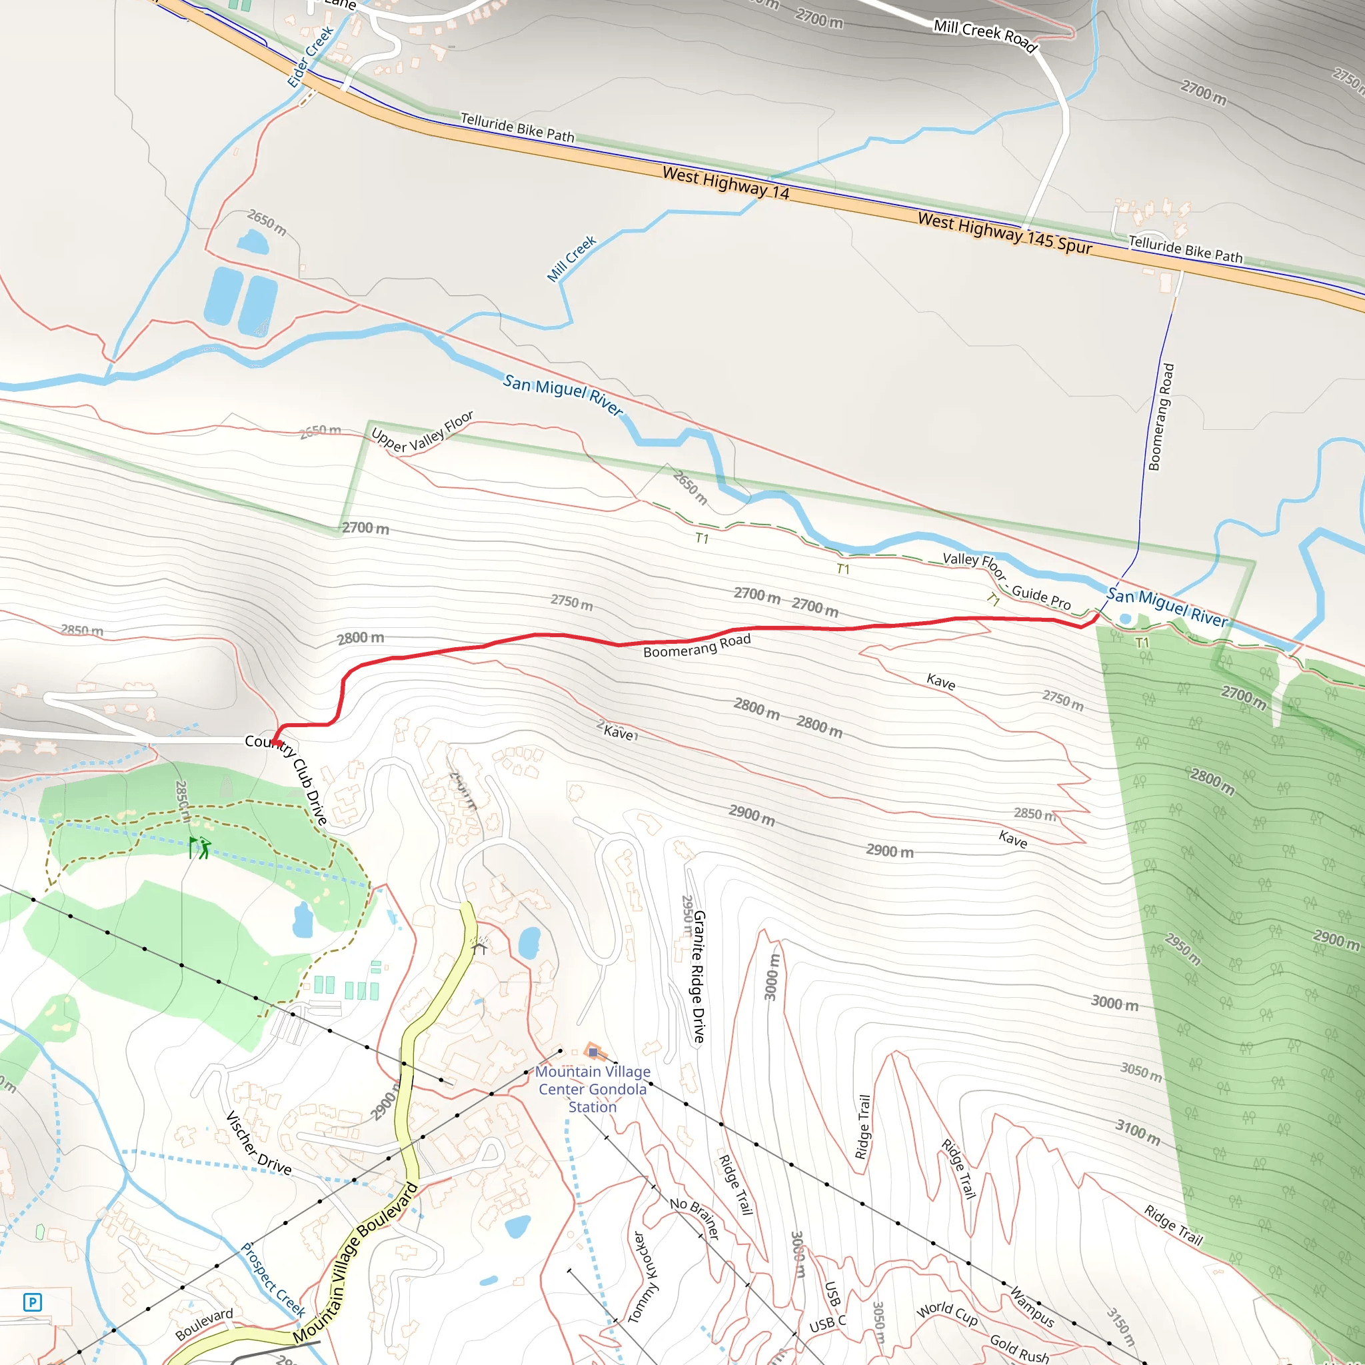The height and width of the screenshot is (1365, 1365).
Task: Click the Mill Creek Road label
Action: pos(986,35)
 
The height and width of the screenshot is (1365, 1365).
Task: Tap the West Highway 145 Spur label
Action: pos(1004,233)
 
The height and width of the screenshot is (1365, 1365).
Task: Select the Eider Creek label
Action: pos(309,57)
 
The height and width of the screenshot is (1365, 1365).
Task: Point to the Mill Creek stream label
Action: pos(572,259)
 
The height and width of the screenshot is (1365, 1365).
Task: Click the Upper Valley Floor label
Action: pos(423,433)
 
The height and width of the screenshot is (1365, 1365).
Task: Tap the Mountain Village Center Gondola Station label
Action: pos(592,1089)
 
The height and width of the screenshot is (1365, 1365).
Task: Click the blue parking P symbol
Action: pos(33,1302)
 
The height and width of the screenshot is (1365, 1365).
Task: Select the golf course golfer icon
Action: pos(201,848)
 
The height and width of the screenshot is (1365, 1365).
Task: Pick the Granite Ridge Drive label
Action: pos(698,976)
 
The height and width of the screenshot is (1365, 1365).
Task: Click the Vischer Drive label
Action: pos(258,1142)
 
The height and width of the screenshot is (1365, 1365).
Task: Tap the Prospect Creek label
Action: pos(273,1280)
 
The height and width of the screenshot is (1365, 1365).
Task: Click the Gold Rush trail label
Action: pos(1019,1348)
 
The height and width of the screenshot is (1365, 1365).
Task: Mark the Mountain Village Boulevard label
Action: pos(355,1261)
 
